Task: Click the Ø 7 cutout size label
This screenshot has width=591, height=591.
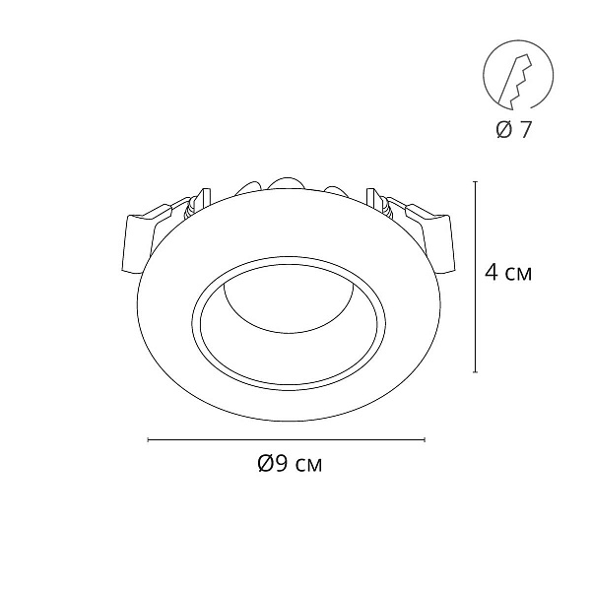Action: pyautogui.click(x=513, y=130)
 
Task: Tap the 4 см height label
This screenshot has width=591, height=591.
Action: pyautogui.click(x=508, y=272)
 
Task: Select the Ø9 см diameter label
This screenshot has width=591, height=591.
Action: pyautogui.click(x=290, y=464)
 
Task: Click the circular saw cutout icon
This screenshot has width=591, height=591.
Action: pyautogui.click(x=518, y=75)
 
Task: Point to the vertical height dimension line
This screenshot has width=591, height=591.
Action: pyautogui.click(x=476, y=277)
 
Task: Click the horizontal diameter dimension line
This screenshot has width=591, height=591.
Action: pyautogui.click(x=287, y=439)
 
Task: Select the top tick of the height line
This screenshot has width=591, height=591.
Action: pyautogui.click(x=476, y=181)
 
